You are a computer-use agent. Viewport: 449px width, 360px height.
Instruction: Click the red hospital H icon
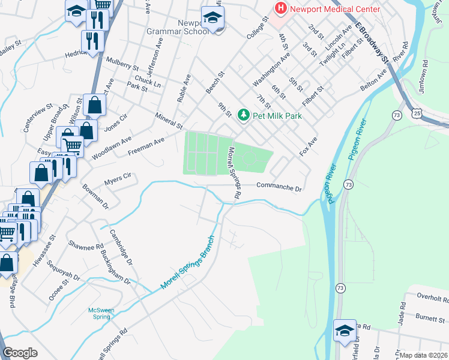[279, 8]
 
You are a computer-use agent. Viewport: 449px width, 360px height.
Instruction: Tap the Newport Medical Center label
[335, 9]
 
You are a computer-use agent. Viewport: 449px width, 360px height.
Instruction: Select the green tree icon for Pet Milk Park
[243, 114]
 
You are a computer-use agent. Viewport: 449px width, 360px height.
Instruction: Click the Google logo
[20, 353]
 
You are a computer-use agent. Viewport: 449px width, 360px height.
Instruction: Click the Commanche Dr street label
[279, 187]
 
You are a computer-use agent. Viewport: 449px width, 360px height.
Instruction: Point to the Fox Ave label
[308, 147]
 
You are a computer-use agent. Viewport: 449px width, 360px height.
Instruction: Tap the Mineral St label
[168, 121]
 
